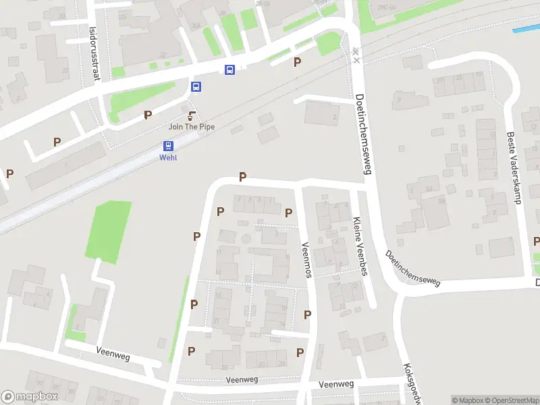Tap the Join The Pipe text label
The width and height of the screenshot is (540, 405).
[192, 127]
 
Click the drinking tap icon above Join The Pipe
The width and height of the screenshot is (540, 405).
[192, 115]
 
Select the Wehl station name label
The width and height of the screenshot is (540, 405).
[168, 158]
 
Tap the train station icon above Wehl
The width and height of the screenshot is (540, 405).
[168, 146]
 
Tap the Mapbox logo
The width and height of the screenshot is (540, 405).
[30, 397]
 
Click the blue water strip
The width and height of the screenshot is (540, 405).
[526, 29]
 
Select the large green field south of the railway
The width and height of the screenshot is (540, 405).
[109, 230]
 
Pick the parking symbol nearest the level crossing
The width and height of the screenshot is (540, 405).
[297, 62]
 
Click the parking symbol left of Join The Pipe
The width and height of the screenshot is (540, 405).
[147, 115]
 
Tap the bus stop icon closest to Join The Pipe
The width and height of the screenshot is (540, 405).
[196, 86]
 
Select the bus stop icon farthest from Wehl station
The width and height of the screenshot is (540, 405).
[230, 69]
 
